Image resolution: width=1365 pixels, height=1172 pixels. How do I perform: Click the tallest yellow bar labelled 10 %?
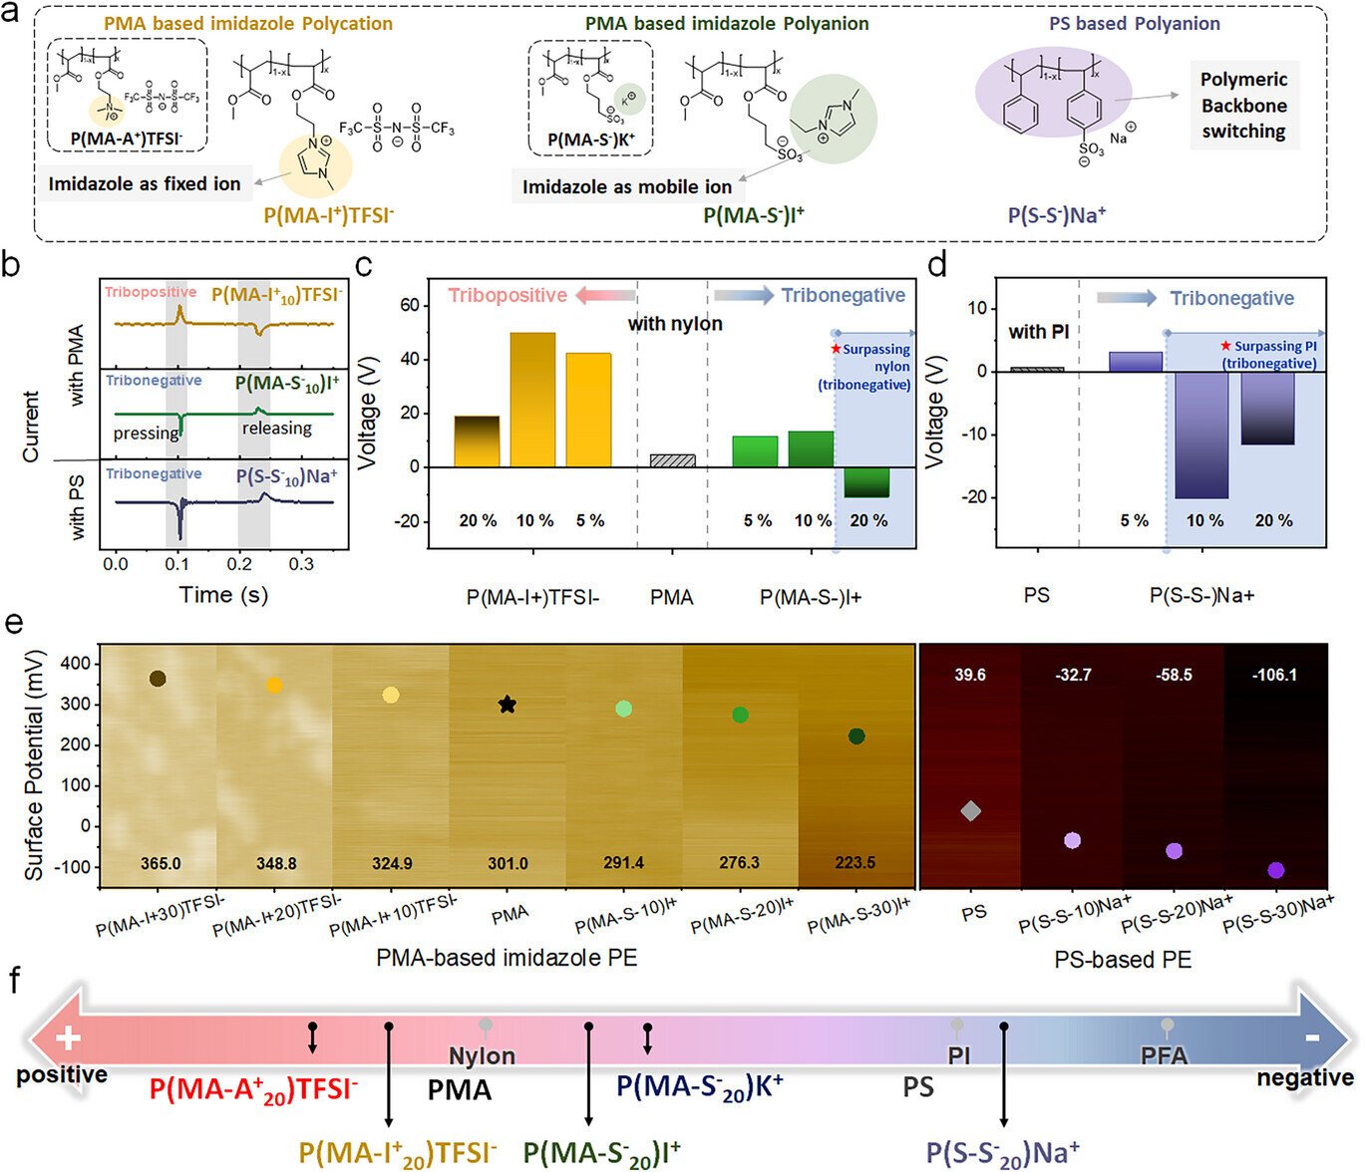(x=533, y=399)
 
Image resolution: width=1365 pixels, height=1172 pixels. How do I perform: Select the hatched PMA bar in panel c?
(x=672, y=460)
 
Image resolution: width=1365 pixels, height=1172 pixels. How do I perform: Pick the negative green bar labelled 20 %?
(x=866, y=481)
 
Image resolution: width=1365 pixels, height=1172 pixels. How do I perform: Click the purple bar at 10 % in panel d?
(x=1201, y=435)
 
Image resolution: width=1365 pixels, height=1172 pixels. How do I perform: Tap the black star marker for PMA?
(x=508, y=705)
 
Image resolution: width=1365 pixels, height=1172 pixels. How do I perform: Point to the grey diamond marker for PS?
(x=971, y=811)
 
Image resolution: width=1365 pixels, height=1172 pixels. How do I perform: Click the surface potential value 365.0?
(x=161, y=863)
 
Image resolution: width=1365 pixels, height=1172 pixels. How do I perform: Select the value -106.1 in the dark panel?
(x=1274, y=675)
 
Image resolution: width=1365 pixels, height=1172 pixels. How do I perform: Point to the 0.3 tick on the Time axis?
(x=301, y=564)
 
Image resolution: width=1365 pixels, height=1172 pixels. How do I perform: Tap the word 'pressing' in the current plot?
(x=146, y=434)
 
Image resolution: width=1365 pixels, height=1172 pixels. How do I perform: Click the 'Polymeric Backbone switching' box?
(x=1243, y=106)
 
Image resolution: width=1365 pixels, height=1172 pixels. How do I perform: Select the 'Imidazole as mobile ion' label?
(x=627, y=186)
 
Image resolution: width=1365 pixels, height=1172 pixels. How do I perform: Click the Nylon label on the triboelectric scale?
(x=482, y=1055)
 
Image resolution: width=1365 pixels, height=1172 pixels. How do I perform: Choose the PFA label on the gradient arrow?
(x=1164, y=1054)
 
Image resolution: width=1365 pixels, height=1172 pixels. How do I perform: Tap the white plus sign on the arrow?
(x=68, y=1039)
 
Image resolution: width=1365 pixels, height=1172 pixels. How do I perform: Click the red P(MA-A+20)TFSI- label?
(x=253, y=1089)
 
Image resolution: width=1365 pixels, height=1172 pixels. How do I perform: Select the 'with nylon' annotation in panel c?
(x=675, y=323)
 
